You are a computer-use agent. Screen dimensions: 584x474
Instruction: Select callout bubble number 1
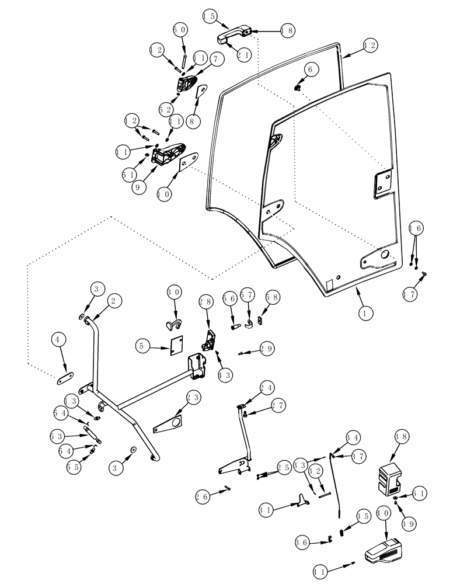tap(365, 313)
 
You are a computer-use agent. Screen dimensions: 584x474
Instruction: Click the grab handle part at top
tap(231, 38)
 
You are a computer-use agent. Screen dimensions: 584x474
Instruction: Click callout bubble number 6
tap(309, 69)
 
